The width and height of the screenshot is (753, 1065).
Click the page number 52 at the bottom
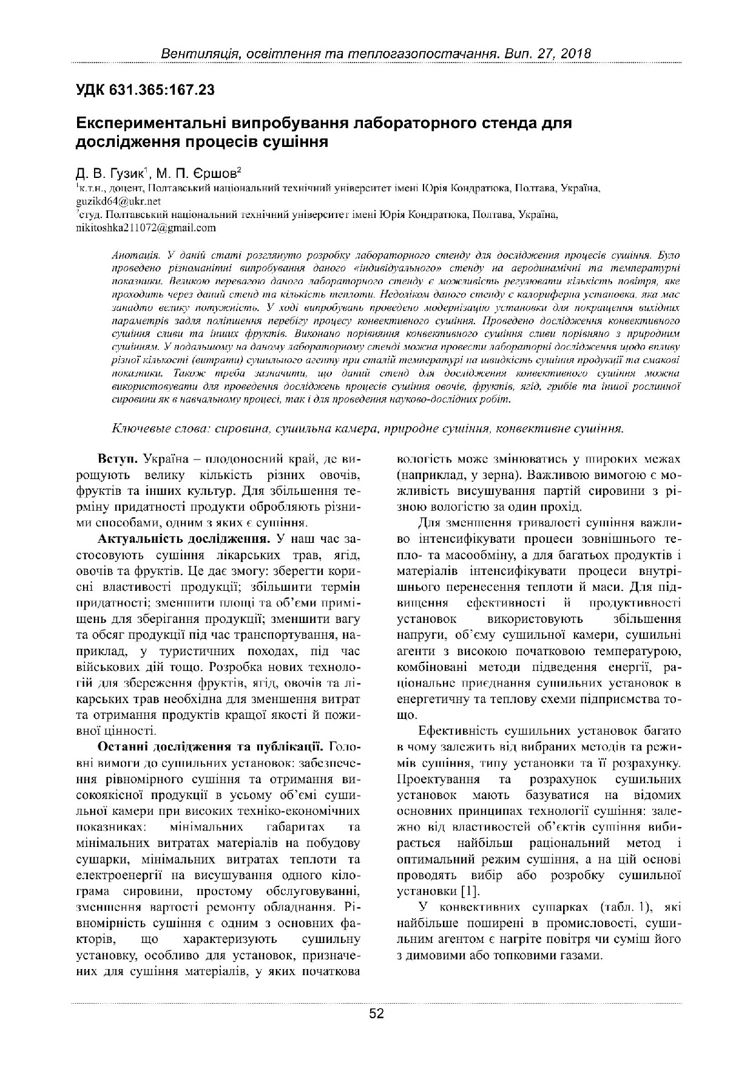coord(376,1013)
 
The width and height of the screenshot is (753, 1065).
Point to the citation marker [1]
coord(470,891)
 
